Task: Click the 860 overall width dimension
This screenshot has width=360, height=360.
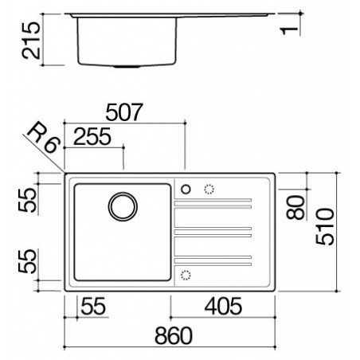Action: pyautogui.click(x=174, y=336)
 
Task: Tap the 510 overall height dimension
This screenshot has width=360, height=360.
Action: pyautogui.click(x=325, y=226)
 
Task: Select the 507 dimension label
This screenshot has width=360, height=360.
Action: pyautogui.click(x=124, y=112)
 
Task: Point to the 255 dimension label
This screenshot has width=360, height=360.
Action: pyautogui.click(x=92, y=136)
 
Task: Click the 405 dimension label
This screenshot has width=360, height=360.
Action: pyautogui.click(x=223, y=306)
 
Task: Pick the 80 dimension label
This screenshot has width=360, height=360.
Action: pyautogui.click(x=295, y=207)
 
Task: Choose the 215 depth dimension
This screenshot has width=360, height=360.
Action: pyautogui.click(x=31, y=41)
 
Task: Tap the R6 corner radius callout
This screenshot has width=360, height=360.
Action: pyautogui.click(x=44, y=137)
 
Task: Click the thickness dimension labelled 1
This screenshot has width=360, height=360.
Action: pyautogui.click(x=289, y=31)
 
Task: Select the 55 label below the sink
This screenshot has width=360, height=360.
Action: pyautogui.click(x=93, y=306)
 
